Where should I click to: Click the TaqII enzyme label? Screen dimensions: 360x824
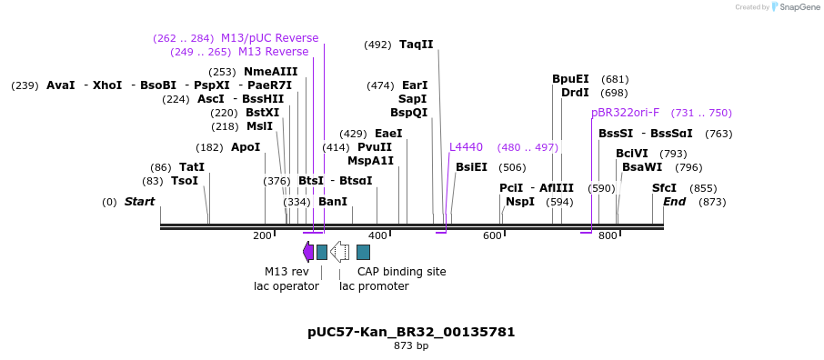point(416,45)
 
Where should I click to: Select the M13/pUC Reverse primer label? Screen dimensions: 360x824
point(269,38)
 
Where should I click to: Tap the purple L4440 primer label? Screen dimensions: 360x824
point(466,147)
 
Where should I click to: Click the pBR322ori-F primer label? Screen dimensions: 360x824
point(625,113)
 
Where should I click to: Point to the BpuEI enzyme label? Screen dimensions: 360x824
point(570,79)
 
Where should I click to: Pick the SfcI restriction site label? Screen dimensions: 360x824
point(664,188)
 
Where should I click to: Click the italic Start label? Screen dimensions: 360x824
point(139,202)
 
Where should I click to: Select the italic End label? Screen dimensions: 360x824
point(674,202)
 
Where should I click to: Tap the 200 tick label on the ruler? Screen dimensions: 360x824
point(262,236)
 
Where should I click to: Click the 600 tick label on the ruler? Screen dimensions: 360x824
point(492,236)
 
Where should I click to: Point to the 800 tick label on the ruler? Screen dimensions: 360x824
point(607,236)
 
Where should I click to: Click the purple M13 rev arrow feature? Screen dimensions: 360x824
point(308,252)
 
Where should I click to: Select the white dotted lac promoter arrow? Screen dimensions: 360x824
point(339,252)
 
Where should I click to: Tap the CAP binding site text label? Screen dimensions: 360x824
point(401,272)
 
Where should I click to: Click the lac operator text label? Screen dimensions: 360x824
point(286,286)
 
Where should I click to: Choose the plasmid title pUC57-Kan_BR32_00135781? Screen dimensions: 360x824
point(411,332)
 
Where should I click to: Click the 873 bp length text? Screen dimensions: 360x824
point(411,346)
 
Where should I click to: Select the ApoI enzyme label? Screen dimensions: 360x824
point(246,147)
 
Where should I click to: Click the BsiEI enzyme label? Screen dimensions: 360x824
point(471,167)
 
